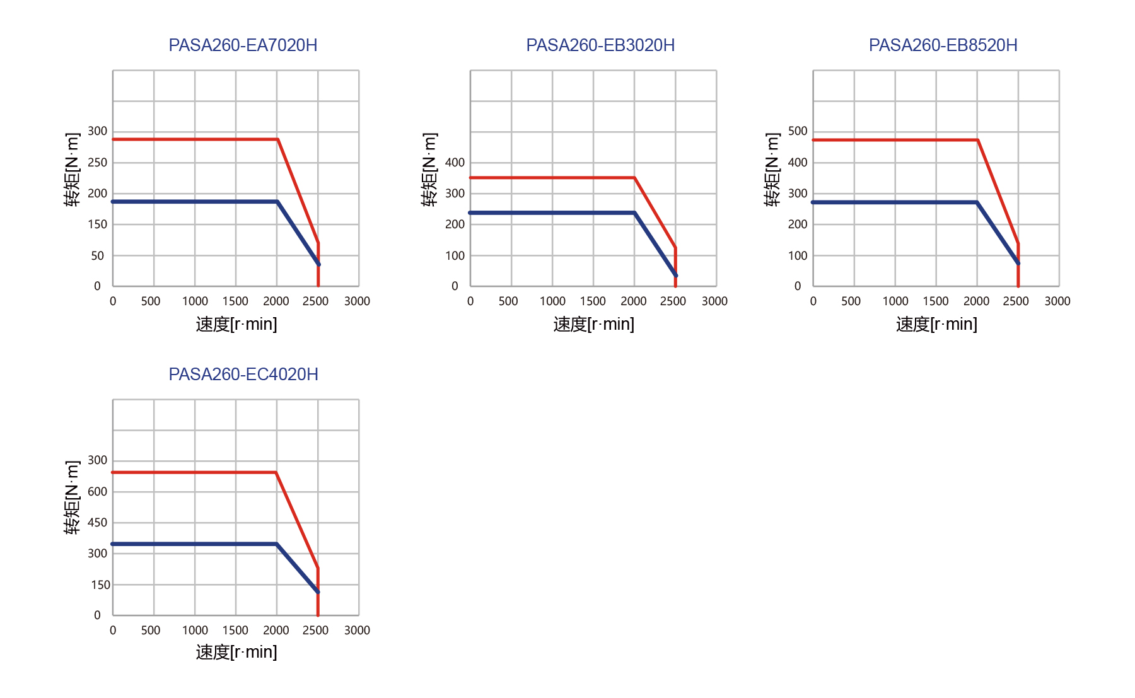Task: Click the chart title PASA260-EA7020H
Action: click(243, 45)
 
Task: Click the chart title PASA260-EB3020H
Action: click(600, 45)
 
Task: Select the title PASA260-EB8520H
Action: click(943, 45)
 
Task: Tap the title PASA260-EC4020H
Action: click(243, 375)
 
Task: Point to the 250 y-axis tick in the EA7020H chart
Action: click(97, 163)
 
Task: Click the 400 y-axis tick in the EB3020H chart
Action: click(455, 163)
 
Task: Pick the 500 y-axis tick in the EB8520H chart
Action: click(798, 131)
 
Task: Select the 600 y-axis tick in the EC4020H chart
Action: click(97, 492)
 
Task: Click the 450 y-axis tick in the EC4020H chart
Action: click(97, 523)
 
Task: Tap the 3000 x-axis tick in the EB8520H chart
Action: click(1057, 301)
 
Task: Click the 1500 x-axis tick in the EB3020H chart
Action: click(593, 301)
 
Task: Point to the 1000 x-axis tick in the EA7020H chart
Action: click(195, 301)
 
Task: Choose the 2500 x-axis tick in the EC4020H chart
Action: click(315, 631)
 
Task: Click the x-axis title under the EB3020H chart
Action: click(593, 324)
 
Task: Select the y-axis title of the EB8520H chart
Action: click(772, 170)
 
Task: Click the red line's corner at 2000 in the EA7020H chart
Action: click(277, 139)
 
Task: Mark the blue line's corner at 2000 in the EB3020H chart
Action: click(634, 213)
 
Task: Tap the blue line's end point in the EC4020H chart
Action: click(318, 591)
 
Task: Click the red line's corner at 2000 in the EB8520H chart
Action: click(977, 140)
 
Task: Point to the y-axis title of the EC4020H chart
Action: click(72, 498)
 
